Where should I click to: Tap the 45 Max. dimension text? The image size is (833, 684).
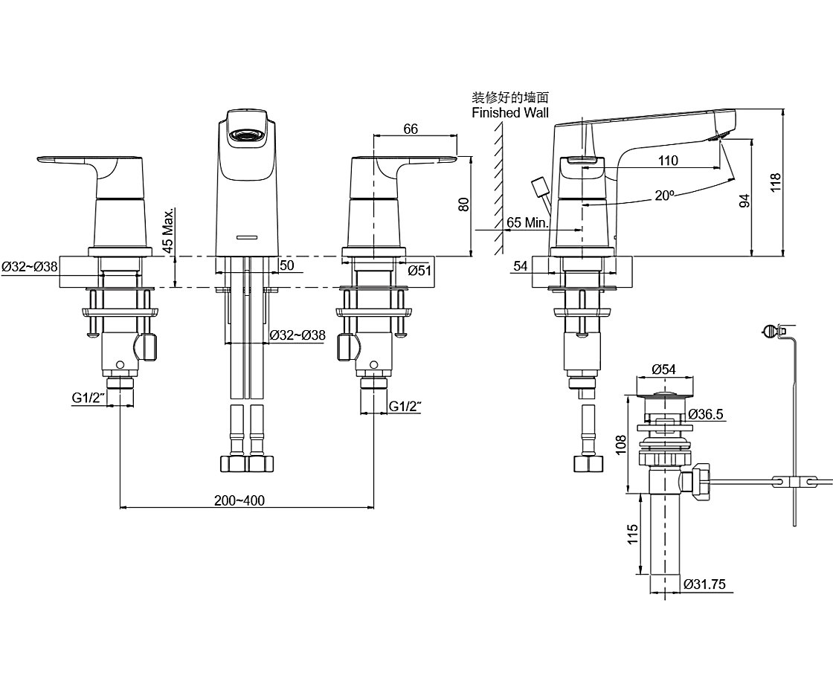(x=170, y=231)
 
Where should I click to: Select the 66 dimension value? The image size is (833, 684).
(x=411, y=129)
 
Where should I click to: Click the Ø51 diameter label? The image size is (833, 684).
(x=419, y=271)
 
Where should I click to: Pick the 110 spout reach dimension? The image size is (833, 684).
(x=668, y=161)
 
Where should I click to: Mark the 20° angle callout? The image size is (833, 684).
(x=664, y=195)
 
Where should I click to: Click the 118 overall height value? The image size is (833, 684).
(x=776, y=184)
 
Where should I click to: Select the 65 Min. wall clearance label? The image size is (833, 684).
(x=527, y=222)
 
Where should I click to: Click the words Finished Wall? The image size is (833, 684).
(x=510, y=113)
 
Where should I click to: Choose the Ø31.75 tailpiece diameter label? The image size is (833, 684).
(x=704, y=584)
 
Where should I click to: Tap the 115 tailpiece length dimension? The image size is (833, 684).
(x=631, y=534)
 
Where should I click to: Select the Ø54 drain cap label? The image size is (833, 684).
(x=663, y=369)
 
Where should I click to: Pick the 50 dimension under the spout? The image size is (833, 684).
(x=286, y=265)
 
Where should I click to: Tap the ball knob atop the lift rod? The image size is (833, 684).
(x=771, y=329)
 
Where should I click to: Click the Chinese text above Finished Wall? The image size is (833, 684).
(x=510, y=97)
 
